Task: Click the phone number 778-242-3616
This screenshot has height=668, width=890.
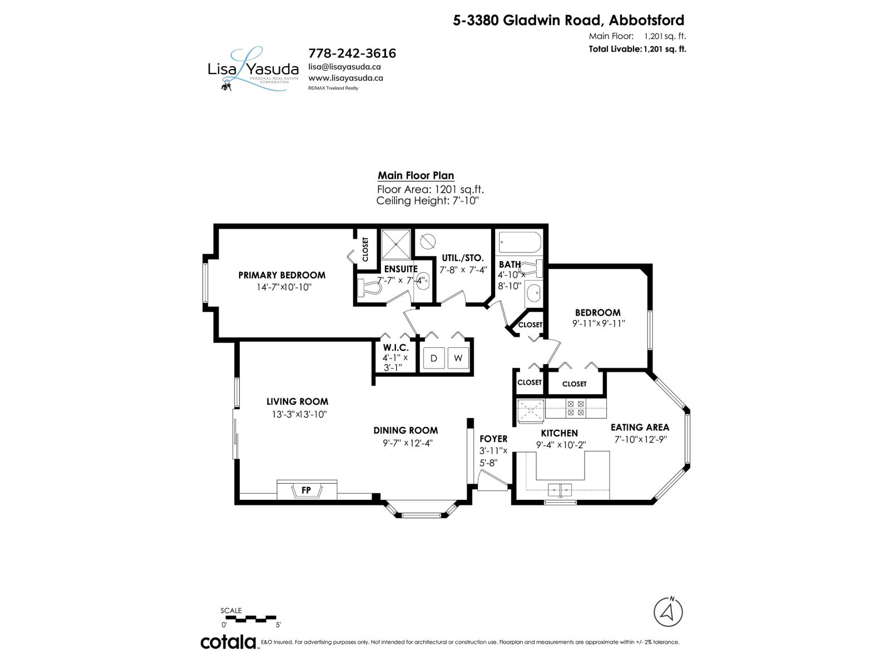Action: (x=352, y=53)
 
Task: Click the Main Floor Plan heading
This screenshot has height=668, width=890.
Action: (x=416, y=175)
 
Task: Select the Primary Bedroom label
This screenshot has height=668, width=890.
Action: (x=281, y=275)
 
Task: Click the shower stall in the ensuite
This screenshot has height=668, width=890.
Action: (x=395, y=244)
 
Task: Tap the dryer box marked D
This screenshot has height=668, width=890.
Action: (x=434, y=358)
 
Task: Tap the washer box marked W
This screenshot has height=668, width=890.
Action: (x=458, y=358)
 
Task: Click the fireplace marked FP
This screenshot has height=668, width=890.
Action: (x=306, y=490)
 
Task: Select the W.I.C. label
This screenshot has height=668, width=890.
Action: (x=395, y=348)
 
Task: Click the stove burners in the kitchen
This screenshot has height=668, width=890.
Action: (x=575, y=409)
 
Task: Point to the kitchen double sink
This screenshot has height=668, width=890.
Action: (x=560, y=490)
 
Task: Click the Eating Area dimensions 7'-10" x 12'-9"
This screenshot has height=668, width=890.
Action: (x=640, y=439)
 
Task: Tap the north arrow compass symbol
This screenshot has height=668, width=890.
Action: (x=668, y=611)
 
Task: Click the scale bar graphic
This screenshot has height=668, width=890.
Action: (x=249, y=618)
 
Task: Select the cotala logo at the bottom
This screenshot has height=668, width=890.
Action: (x=228, y=641)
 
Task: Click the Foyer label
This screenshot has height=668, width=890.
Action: (x=493, y=439)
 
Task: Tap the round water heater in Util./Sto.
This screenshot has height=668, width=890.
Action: (x=428, y=241)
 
